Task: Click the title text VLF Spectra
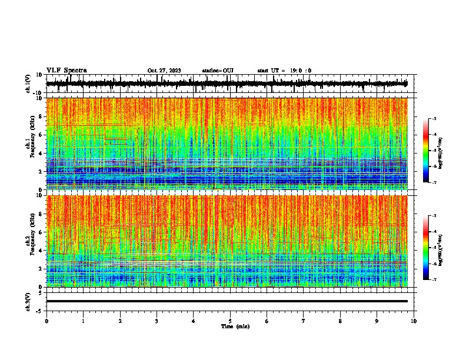(66, 71)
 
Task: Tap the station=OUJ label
(218, 71)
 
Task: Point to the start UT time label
(284, 71)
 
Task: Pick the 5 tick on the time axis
(230, 321)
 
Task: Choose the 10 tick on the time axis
(414, 321)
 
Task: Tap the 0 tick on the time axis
(46, 321)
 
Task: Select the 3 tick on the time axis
(157, 321)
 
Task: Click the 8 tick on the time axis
(340, 321)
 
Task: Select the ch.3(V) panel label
(28, 301)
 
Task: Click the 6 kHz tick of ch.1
(41, 135)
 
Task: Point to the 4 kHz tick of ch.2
(41, 250)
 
